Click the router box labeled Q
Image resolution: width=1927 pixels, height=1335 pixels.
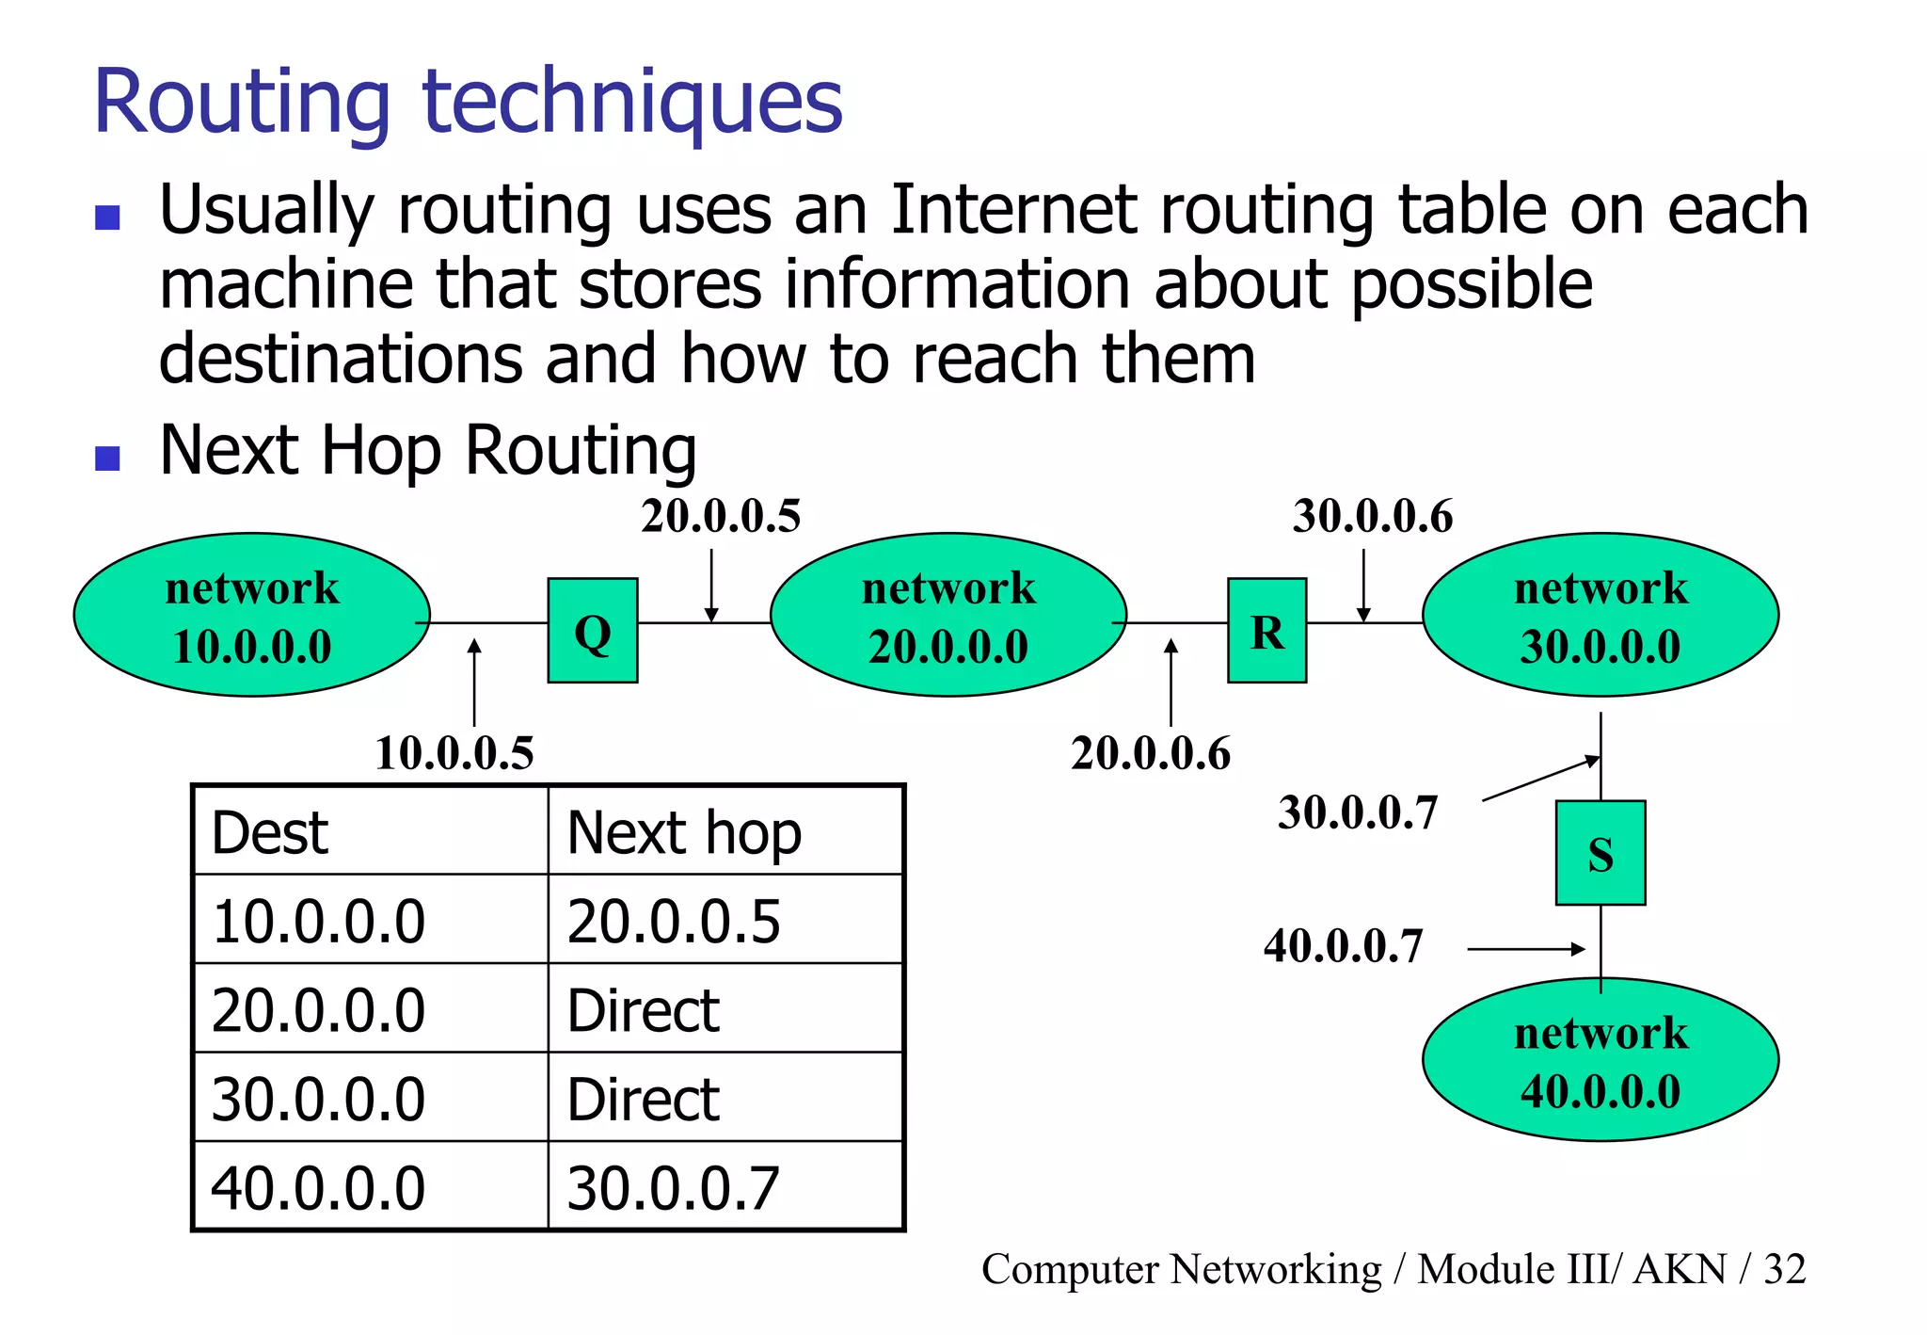click(x=593, y=630)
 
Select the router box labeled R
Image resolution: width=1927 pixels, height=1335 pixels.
click(x=1266, y=630)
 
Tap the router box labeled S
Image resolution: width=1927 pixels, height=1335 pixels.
click(x=1600, y=853)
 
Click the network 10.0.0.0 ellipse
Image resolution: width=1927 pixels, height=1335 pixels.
click(x=252, y=615)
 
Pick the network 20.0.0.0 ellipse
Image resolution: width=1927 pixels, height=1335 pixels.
click(x=948, y=615)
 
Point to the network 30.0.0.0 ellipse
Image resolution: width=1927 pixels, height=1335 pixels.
click(x=1600, y=615)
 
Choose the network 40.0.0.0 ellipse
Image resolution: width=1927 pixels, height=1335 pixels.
click(x=1600, y=1060)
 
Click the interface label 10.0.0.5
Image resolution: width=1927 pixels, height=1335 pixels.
click(x=454, y=753)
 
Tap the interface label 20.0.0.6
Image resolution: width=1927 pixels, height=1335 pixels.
click(x=1150, y=753)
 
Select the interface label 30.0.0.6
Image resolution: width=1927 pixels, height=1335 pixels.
click(x=1372, y=516)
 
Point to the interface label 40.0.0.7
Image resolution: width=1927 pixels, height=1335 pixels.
click(x=1343, y=945)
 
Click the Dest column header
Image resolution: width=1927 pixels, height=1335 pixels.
click(x=271, y=833)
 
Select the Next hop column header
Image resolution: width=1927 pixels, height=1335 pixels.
click(x=684, y=833)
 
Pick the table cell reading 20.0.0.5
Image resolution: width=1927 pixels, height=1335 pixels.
click(x=674, y=921)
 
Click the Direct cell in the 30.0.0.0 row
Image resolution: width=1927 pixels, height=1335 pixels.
click(x=644, y=1099)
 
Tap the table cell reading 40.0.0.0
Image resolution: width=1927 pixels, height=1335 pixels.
click(x=318, y=1188)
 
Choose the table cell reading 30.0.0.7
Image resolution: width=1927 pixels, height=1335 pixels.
click(x=674, y=1188)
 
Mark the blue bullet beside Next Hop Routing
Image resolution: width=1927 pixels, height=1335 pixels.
click(x=108, y=458)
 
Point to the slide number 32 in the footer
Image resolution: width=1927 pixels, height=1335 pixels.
click(x=1784, y=1269)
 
